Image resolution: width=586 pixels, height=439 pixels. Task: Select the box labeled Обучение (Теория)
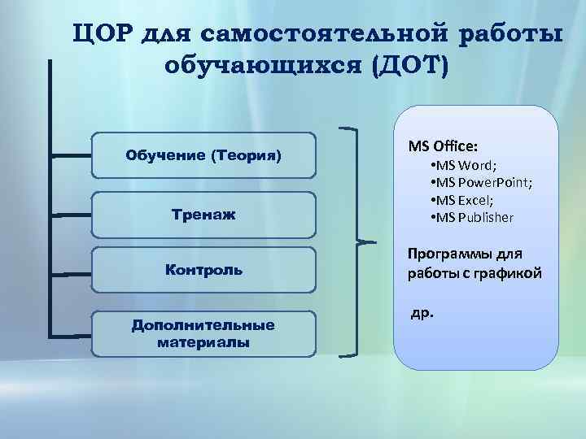[x=203, y=154]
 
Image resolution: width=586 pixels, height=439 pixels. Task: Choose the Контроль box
[x=203, y=269]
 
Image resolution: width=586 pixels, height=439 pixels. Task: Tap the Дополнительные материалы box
[x=203, y=333]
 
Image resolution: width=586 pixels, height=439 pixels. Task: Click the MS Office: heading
[x=444, y=146]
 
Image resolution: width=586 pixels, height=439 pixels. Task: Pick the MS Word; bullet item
[x=468, y=167]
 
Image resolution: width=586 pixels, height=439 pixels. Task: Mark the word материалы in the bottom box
[x=203, y=341]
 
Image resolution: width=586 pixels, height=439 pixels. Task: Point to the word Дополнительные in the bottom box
[x=203, y=325]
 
